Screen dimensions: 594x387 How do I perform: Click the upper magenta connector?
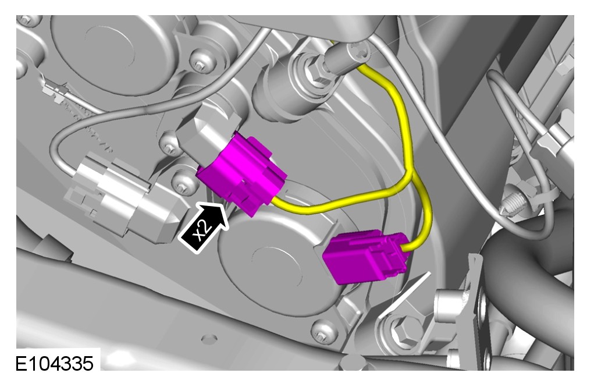[x=241, y=173]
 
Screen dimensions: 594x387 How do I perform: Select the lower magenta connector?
[x=365, y=256]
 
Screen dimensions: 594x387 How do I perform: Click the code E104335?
[x=54, y=364]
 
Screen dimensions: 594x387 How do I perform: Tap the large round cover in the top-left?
[x=113, y=53]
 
